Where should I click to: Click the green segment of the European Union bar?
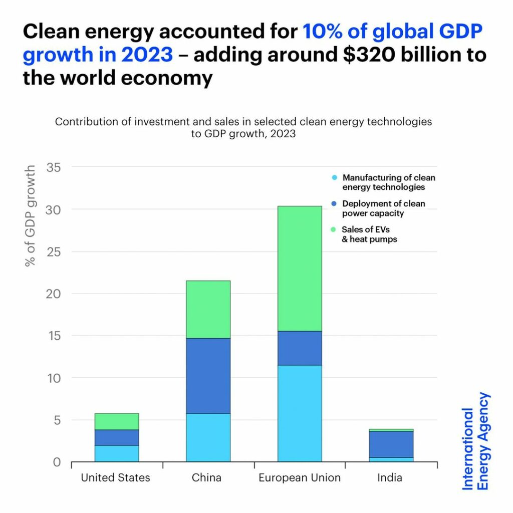[x=300, y=269]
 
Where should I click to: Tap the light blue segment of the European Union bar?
[x=300, y=413]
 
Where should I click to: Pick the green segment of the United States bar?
[x=117, y=421]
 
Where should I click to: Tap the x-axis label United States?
[x=115, y=477]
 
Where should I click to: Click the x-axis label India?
[x=390, y=477]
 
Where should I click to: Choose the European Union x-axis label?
[x=300, y=477]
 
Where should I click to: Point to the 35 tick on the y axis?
[x=54, y=167]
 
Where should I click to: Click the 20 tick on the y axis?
[x=54, y=294]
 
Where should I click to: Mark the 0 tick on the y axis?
[x=57, y=462]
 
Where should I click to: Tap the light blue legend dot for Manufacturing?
[x=334, y=178]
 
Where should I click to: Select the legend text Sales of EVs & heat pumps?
[x=369, y=234]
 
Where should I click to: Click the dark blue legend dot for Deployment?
[x=334, y=204]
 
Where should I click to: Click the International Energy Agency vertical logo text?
[x=475, y=441]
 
